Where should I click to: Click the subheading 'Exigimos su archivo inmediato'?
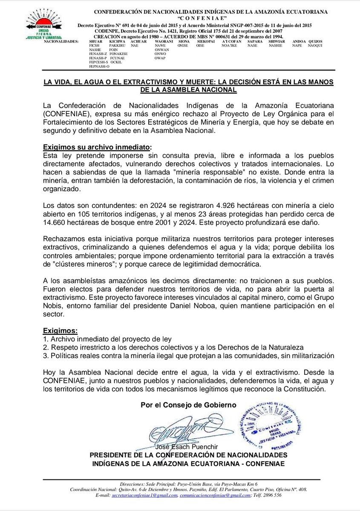point(96,147)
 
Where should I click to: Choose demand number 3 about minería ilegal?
point(187,355)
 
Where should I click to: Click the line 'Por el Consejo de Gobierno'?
point(188,405)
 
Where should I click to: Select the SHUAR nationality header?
point(95,41)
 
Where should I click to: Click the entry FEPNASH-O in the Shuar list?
point(99,66)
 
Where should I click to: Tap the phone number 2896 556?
point(271,496)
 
